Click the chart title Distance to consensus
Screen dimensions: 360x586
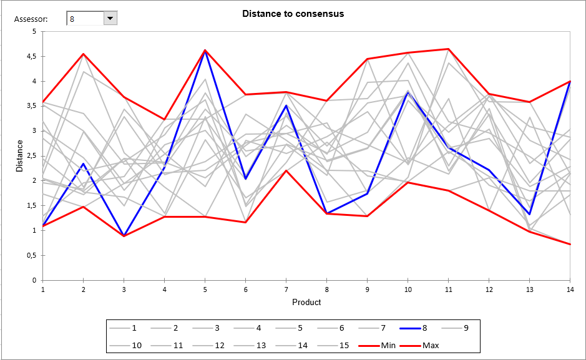tap(293, 14)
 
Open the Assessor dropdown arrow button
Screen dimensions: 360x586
tap(110, 19)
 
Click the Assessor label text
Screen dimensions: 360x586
tap(31, 19)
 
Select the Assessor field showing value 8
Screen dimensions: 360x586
tap(85, 19)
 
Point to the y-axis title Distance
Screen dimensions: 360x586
tap(19, 156)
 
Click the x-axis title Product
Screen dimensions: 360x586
tap(306, 302)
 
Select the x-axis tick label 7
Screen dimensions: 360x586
tap(286, 289)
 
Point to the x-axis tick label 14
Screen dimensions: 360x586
tap(570, 289)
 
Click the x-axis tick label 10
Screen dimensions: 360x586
tap(408, 289)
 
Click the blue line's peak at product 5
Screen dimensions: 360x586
tap(205, 51)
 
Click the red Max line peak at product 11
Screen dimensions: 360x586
tap(448, 49)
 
